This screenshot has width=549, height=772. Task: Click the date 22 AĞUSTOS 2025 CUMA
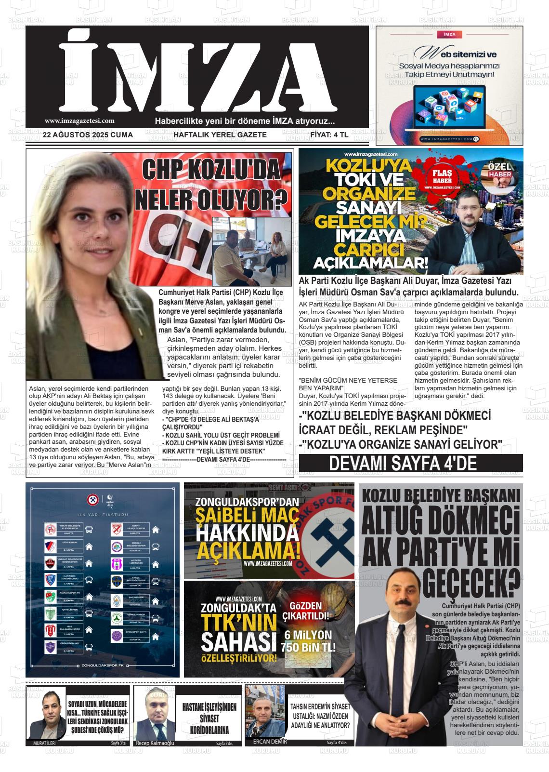(88, 135)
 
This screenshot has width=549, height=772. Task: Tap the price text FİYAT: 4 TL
(329, 135)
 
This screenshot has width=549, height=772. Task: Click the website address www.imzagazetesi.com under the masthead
(79, 121)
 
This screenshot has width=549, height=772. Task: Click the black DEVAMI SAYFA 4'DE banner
(410, 463)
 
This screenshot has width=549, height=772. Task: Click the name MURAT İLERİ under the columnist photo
(44, 743)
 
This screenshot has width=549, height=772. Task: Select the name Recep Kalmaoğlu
(155, 743)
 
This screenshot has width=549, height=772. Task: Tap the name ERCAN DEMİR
(270, 741)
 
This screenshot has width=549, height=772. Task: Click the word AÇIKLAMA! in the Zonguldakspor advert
(248, 550)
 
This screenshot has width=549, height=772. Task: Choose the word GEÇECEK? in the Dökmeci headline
(472, 584)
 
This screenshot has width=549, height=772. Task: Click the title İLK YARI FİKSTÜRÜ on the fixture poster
(103, 515)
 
